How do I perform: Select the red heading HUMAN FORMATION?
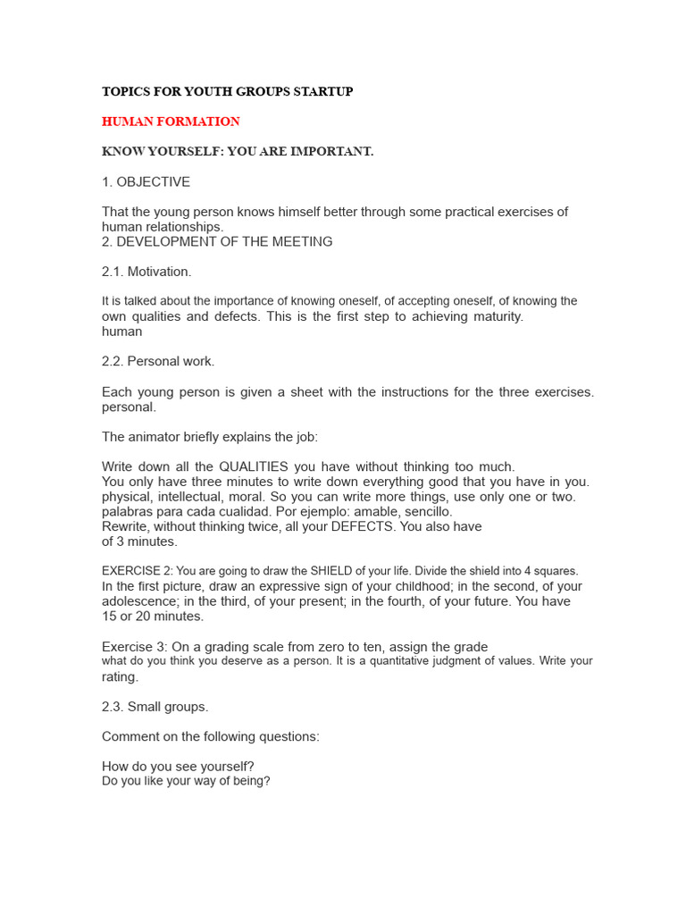pos(171,122)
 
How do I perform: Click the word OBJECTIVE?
pos(153,182)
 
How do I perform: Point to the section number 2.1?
pos(113,272)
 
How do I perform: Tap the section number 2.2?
pos(113,362)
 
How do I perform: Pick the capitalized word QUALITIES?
pos(254,466)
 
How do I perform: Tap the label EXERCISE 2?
pos(137,571)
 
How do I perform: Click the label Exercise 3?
pos(133,647)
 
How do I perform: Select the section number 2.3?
pos(113,707)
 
